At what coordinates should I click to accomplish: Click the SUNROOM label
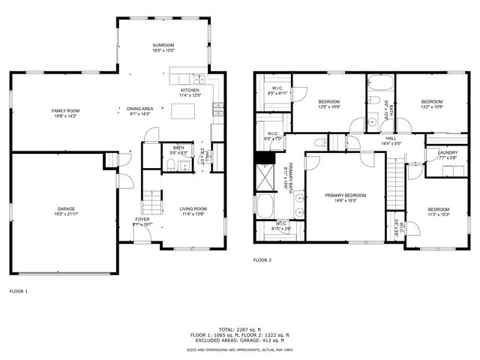click(163, 46)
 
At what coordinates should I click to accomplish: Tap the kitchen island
click(184, 111)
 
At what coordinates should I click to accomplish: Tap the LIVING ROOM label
click(193, 208)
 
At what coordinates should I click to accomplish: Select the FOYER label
click(142, 219)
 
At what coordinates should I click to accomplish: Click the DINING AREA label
click(140, 109)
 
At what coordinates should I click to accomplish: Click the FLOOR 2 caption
click(262, 259)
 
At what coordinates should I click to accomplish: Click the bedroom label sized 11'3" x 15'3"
click(439, 209)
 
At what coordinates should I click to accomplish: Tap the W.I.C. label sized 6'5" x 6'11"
click(275, 88)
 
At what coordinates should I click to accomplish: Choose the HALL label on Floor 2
click(391, 137)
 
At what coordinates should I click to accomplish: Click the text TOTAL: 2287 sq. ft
click(240, 328)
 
